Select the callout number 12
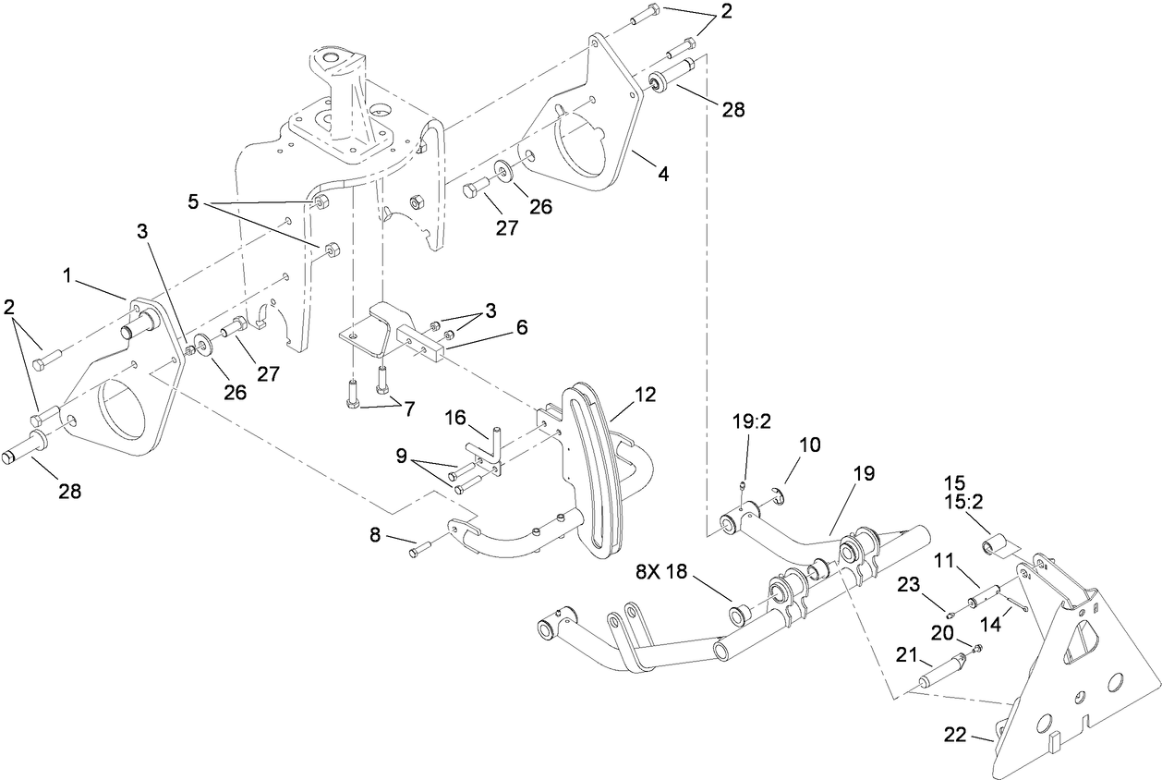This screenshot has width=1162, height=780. pyautogui.click(x=645, y=395)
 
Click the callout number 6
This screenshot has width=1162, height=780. pyautogui.click(x=522, y=327)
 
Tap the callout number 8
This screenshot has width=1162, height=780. pyautogui.click(x=374, y=535)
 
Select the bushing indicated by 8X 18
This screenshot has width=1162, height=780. pyautogui.click(x=740, y=614)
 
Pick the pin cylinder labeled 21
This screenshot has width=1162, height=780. pyautogui.click(x=940, y=672)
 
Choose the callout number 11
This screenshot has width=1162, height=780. pyautogui.click(x=943, y=560)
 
